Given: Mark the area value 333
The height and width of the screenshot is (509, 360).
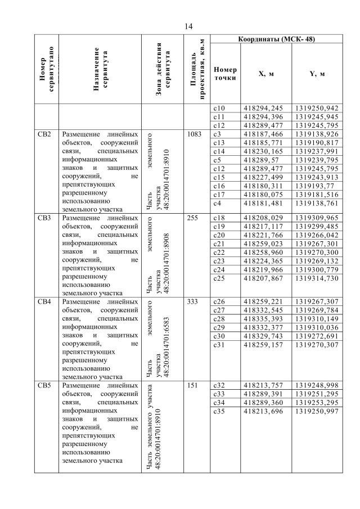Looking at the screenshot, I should [192, 302].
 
